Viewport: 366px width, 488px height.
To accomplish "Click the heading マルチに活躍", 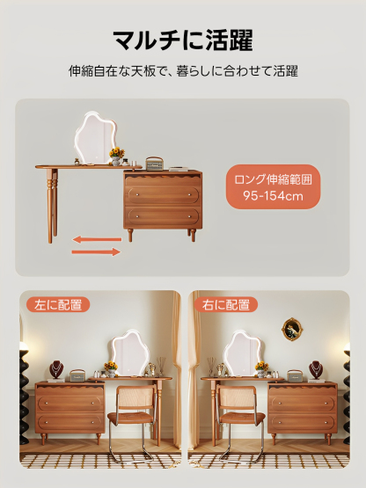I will pyautogui.click(x=183, y=40).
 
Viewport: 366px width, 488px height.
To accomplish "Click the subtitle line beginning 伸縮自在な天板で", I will pyautogui.click(x=183, y=71).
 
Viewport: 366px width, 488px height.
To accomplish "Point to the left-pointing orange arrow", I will pyautogui.click(x=96, y=238).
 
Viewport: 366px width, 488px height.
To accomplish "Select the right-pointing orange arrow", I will pyautogui.click(x=96, y=252).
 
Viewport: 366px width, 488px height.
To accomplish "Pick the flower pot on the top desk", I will pyautogui.click(x=116, y=156).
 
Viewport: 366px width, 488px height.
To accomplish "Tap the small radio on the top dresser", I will pyautogui.click(x=155, y=163).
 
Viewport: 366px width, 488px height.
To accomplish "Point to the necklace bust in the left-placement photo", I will pyautogui.click(x=56, y=368).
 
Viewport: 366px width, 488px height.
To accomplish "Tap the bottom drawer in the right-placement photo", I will pyautogui.click(x=301, y=422).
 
